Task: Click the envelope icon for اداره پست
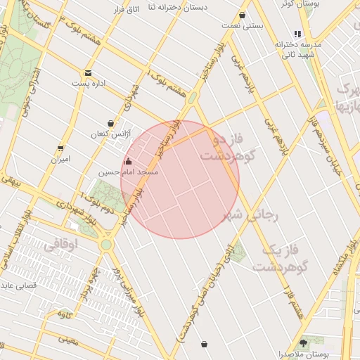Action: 88,73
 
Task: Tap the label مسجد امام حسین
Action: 138,172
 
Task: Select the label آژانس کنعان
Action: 106,134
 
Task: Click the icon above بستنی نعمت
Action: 243,15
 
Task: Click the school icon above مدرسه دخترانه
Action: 297,34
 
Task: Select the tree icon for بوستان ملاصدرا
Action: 303,343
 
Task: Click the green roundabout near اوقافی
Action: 106,245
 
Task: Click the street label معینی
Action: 68,340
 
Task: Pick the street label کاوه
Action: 65,312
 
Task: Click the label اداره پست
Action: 88,83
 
